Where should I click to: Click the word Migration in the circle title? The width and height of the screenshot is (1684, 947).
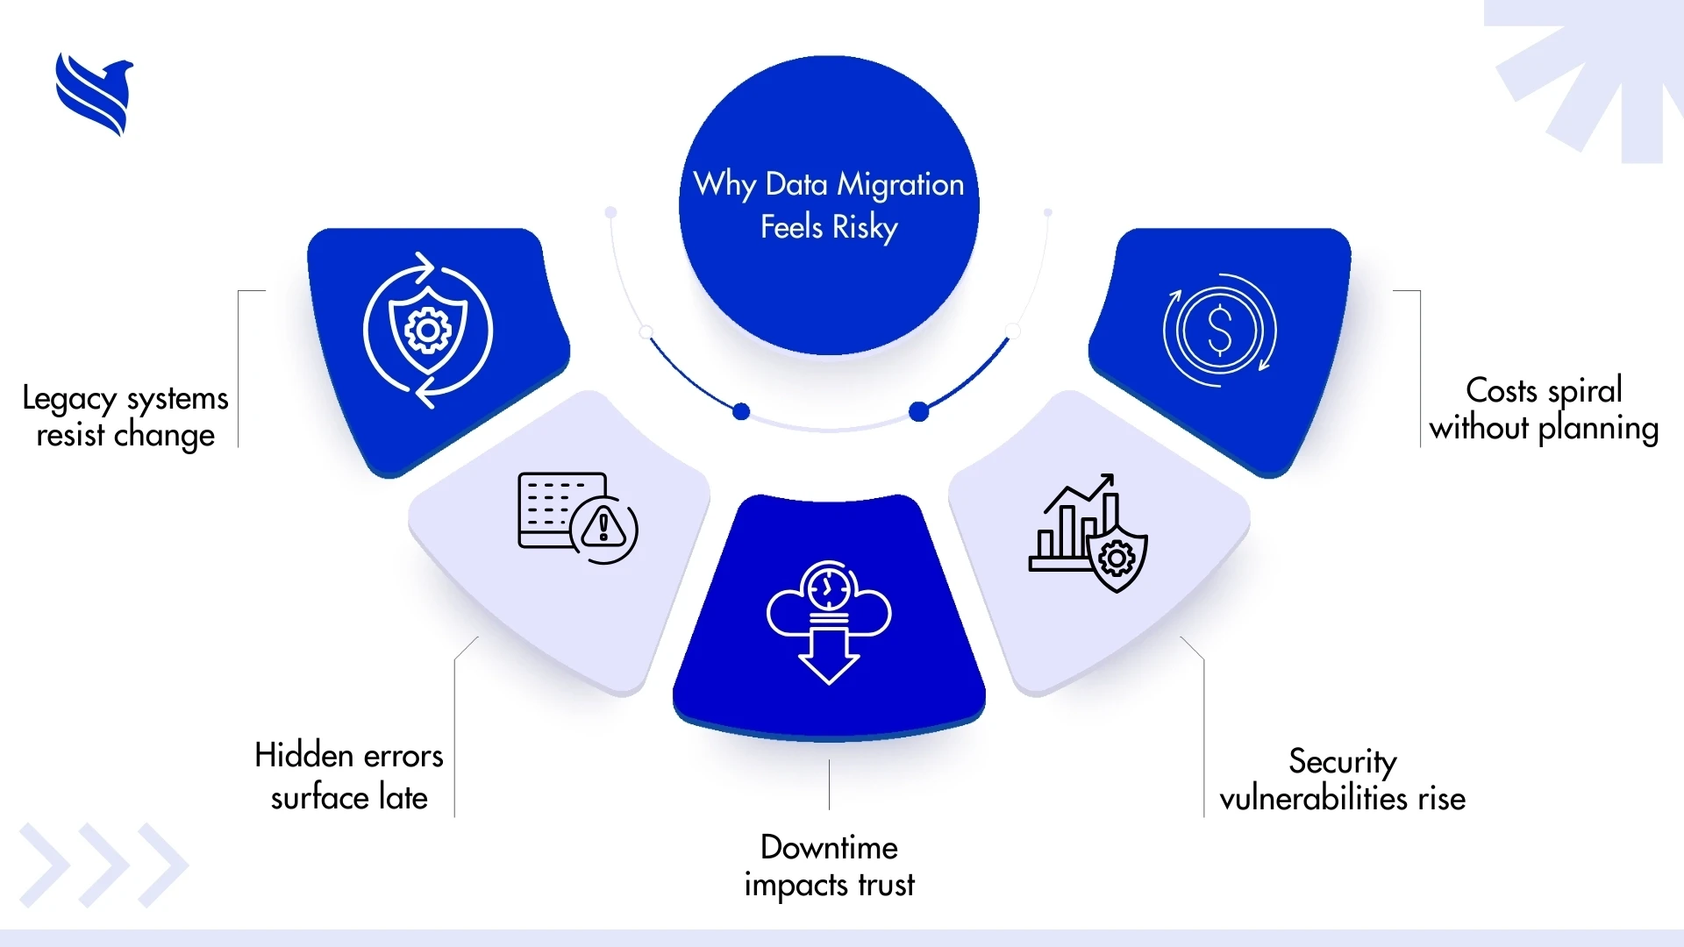(900, 185)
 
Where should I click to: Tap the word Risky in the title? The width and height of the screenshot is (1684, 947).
(865, 228)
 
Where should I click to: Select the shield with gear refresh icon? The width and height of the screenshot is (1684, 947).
(428, 331)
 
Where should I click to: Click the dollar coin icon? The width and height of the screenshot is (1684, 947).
(1219, 331)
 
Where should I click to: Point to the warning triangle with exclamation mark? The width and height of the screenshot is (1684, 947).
(603, 527)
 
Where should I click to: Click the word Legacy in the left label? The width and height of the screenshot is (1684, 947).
(68, 400)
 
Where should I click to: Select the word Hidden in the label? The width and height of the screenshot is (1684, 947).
(303, 755)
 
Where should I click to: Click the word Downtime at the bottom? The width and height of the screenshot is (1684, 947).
(829, 847)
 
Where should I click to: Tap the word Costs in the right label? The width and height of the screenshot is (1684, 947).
(1502, 390)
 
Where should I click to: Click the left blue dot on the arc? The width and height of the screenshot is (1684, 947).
(741, 411)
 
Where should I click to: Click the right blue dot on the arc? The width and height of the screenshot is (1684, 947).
(918, 411)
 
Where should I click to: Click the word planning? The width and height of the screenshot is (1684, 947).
(1598, 429)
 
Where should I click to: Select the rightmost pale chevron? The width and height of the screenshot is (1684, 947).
(163, 865)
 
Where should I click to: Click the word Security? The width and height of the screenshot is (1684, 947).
(1342, 761)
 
